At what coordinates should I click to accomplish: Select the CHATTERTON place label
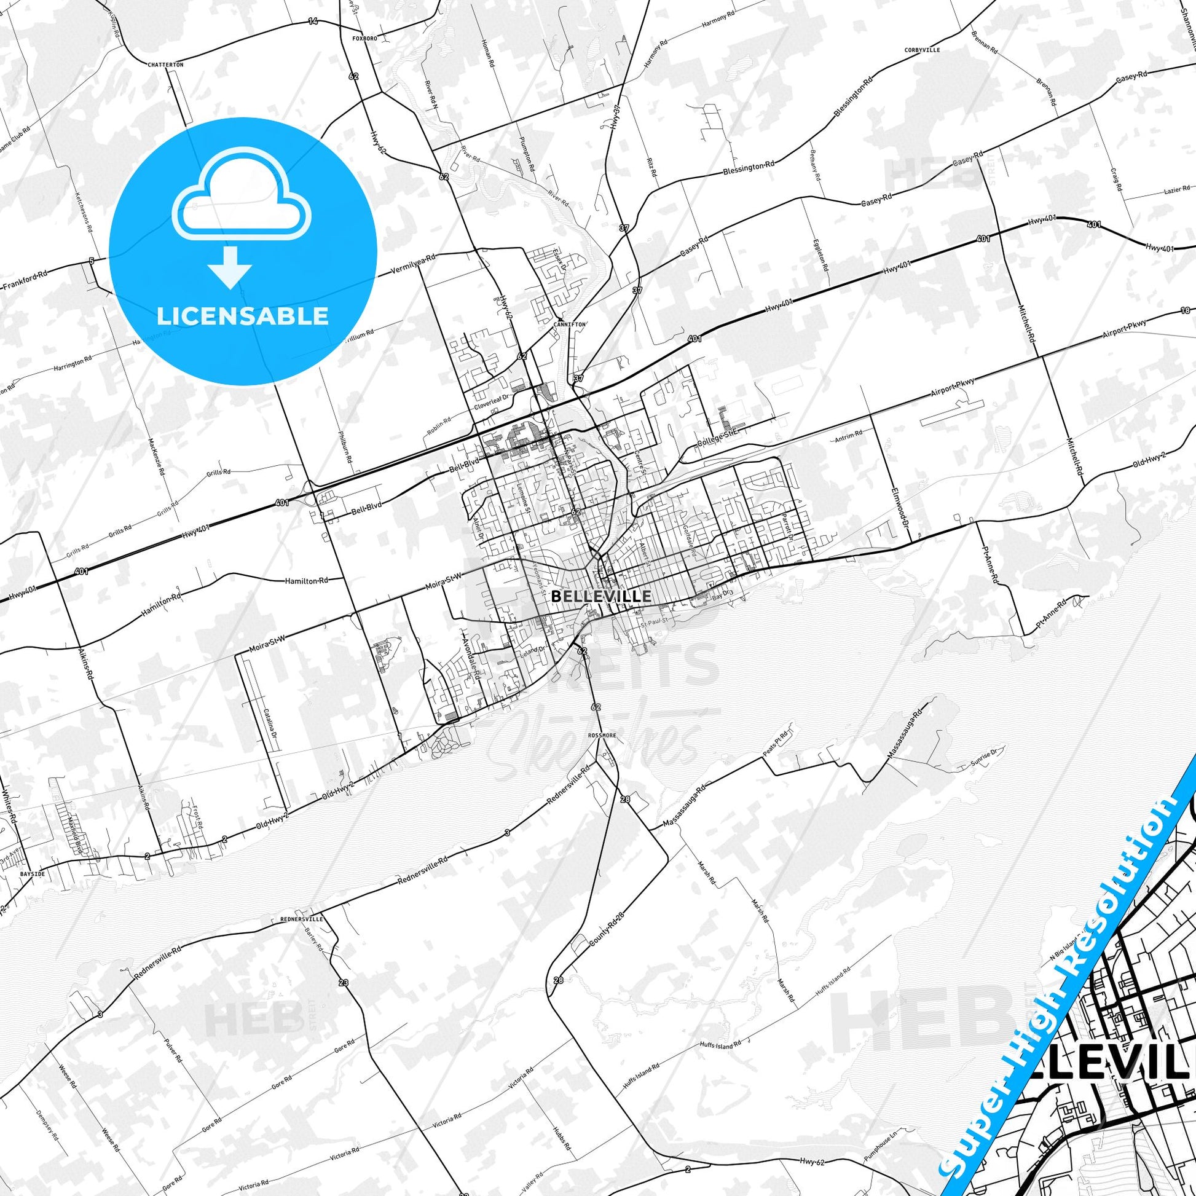tap(166, 65)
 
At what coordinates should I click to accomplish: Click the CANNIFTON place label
tap(570, 324)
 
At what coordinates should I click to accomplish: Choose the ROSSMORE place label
tap(599, 736)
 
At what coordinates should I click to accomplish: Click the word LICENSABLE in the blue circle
tap(243, 317)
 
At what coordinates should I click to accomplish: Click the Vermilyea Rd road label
tap(414, 264)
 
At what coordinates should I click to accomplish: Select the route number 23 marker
tap(344, 982)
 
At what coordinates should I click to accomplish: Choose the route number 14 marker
tap(313, 22)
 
